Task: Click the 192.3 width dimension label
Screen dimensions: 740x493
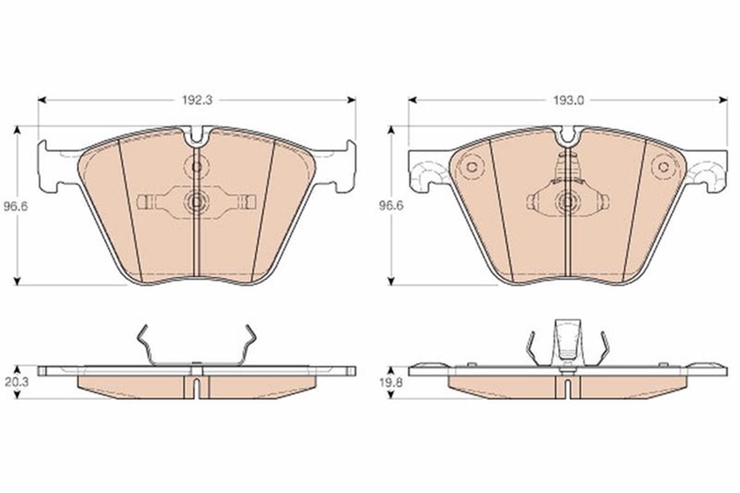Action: pyautogui.click(x=197, y=101)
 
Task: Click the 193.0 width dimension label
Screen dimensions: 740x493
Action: pyautogui.click(x=569, y=101)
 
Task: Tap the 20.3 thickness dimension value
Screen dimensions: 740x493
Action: pyautogui.click(x=16, y=382)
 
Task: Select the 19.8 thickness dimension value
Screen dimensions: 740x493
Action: pyautogui.click(x=391, y=383)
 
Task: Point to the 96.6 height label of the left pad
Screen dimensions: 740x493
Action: pyautogui.click(x=16, y=207)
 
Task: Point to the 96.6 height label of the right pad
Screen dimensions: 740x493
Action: pyautogui.click(x=391, y=206)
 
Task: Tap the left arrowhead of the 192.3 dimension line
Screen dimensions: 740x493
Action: pyautogui.click(x=42, y=99)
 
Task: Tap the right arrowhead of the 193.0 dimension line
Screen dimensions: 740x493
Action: pyautogui.click(x=723, y=99)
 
